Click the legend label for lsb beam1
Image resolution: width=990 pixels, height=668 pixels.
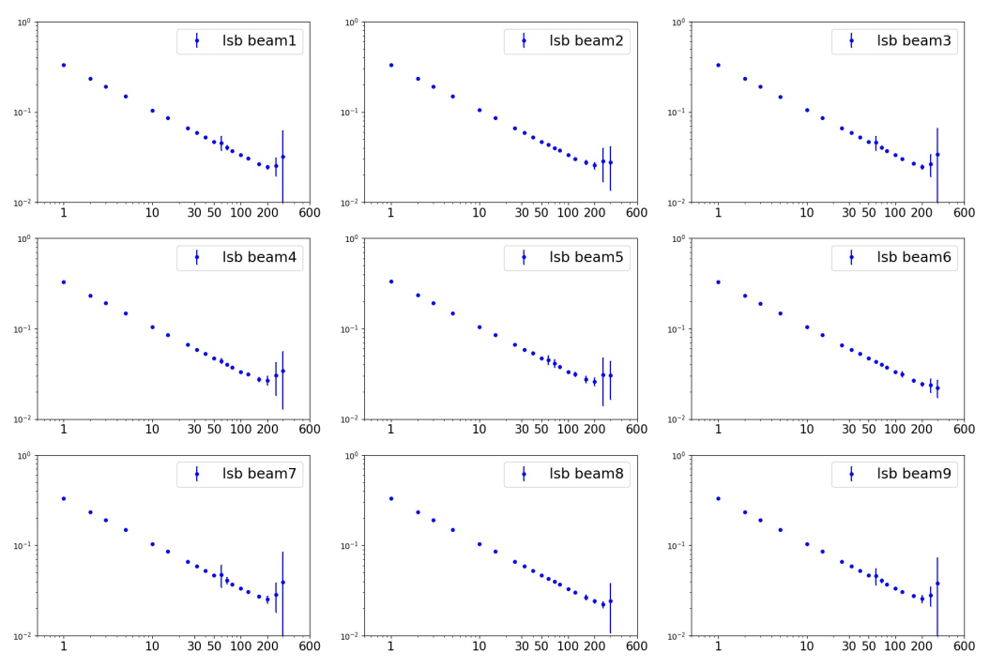pyautogui.click(x=261, y=41)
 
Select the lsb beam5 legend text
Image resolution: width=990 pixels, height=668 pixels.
pyautogui.click(x=588, y=257)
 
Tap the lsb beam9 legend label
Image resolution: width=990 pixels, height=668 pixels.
pyautogui.click(x=915, y=474)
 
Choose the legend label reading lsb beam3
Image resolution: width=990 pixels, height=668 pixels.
pyautogui.click(x=915, y=41)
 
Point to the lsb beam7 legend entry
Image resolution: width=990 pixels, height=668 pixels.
pyautogui.click(x=261, y=474)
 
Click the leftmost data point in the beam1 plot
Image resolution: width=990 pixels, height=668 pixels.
pyautogui.click(x=64, y=65)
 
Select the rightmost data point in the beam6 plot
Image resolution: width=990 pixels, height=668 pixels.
pyautogui.click(x=937, y=387)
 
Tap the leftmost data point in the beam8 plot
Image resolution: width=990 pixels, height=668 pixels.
pyautogui.click(x=391, y=498)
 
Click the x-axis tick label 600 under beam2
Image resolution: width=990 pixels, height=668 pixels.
pyautogui.click(x=636, y=213)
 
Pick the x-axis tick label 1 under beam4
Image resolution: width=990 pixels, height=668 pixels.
pyautogui.click(x=64, y=430)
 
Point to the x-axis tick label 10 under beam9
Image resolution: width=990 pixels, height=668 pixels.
pyautogui.click(x=806, y=646)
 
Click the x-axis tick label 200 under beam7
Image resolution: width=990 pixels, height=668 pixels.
pyautogui.click(x=267, y=646)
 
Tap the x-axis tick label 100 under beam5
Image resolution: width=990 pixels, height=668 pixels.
pyautogui.click(x=568, y=430)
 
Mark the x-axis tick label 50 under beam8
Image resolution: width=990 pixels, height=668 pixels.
pyautogui.click(x=541, y=646)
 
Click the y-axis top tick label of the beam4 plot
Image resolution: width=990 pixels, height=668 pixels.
pyautogui.click(x=24, y=238)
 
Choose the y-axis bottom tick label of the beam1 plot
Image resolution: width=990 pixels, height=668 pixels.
pyautogui.click(x=24, y=203)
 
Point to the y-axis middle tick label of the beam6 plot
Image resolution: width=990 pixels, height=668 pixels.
pyautogui.click(x=679, y=329)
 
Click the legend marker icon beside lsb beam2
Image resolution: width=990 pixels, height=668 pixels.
pyautogui.click(x=524, y=41)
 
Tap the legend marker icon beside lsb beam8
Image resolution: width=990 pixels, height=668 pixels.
pyautogui.click(x=524, y=474)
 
